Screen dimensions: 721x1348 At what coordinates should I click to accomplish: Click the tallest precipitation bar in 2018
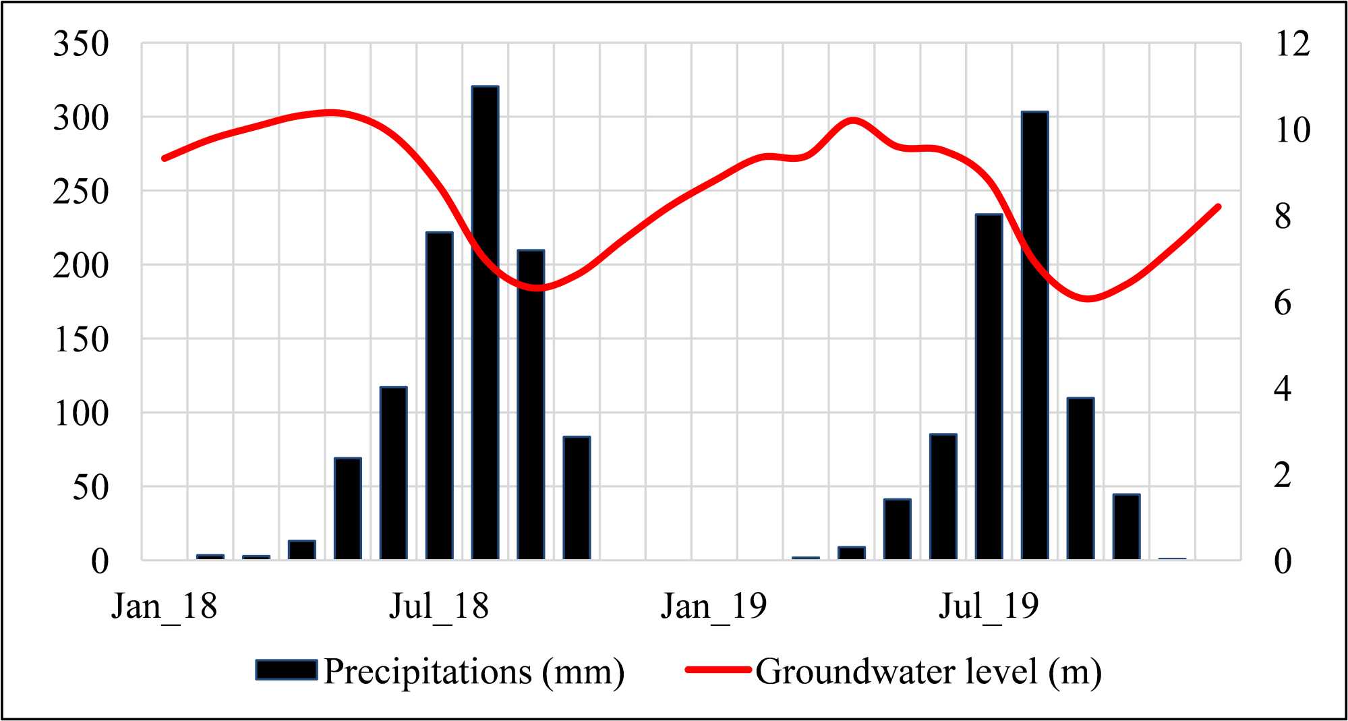click(x=485, y=324)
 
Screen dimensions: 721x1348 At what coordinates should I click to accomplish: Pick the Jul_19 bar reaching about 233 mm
click(x=989, y=387)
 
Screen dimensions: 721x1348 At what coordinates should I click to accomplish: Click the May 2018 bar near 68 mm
click(x=347, y=509)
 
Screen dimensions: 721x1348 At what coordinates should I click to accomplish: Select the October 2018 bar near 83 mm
click(x=577, y=498)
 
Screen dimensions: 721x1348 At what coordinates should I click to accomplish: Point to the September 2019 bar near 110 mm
click(x=1080, y=479)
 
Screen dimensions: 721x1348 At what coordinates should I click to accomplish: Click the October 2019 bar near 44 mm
click(x=1126, y=527)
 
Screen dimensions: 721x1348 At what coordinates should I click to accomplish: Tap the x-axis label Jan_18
click(x=164, y=606)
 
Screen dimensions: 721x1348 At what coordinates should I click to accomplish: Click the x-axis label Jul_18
click(x=438, y=606)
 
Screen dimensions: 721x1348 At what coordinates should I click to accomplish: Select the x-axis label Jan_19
click(x=713, y=606)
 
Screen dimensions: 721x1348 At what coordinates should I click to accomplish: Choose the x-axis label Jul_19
click(x=989, y=606)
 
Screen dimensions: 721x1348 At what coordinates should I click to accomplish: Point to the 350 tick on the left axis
click(x=81, y=45)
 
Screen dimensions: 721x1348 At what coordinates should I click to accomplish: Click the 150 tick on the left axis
click(x=81, y=339)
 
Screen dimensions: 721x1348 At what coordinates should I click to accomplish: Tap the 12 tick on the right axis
click(x=1292, y=45)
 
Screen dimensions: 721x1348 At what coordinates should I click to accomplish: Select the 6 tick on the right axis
click(x=1283, y=303)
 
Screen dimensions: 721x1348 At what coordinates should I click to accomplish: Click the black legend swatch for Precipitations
click(x=287, y=670)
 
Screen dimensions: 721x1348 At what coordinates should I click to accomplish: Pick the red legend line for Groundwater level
click(x=718, y=670)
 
